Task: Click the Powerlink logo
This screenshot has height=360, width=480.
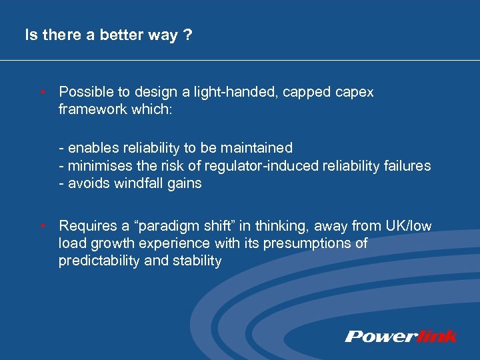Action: tap(401, 336)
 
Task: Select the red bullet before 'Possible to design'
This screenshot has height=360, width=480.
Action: tap(43, 92)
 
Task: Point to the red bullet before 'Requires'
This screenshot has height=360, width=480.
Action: tap(43, 227)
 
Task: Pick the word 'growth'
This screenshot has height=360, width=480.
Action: tap(111, 243)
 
